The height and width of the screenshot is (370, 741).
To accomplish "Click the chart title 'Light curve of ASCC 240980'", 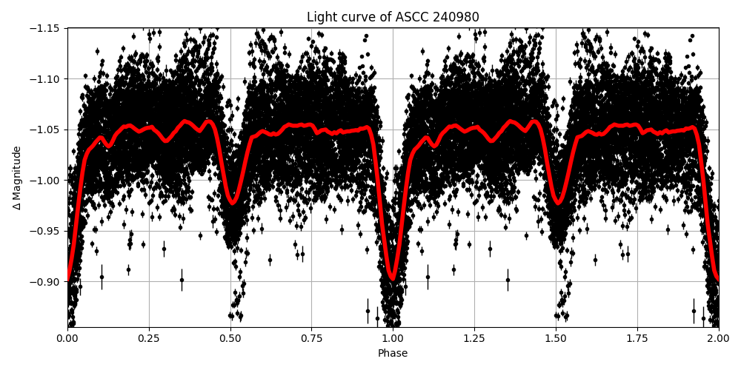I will click(393, 17).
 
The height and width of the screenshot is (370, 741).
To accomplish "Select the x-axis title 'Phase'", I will click(393, 354).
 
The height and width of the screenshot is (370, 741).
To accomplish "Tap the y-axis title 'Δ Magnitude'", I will click(16, 178).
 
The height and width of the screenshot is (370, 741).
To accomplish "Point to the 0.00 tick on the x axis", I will click(67, 339).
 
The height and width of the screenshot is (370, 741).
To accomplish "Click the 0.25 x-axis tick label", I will click(149, 339).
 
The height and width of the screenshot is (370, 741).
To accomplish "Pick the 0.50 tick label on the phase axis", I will click(230, 339).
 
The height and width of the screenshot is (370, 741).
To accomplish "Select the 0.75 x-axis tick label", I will click(311, 339).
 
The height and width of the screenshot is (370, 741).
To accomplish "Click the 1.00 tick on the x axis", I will click(393, 339).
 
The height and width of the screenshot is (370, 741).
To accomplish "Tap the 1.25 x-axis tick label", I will click(474, 339).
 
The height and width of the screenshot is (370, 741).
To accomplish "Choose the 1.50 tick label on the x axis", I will click(556, 339).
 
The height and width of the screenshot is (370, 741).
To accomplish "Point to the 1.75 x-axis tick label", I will click(637, 339).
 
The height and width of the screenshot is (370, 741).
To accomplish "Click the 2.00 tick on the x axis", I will click(718, 339).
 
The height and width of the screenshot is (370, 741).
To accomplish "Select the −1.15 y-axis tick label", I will click(46, 28).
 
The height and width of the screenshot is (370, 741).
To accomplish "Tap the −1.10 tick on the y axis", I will click(46, 79).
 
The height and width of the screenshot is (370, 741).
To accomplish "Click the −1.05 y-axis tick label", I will click(46, 129).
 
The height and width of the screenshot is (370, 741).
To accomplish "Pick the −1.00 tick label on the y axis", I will click(46, 181).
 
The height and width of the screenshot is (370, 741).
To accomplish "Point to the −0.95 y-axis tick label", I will click(46, 231).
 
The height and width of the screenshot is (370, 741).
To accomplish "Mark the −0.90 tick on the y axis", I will click(46, 282).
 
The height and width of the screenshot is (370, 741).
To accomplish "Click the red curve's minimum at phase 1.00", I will click(393, 279).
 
